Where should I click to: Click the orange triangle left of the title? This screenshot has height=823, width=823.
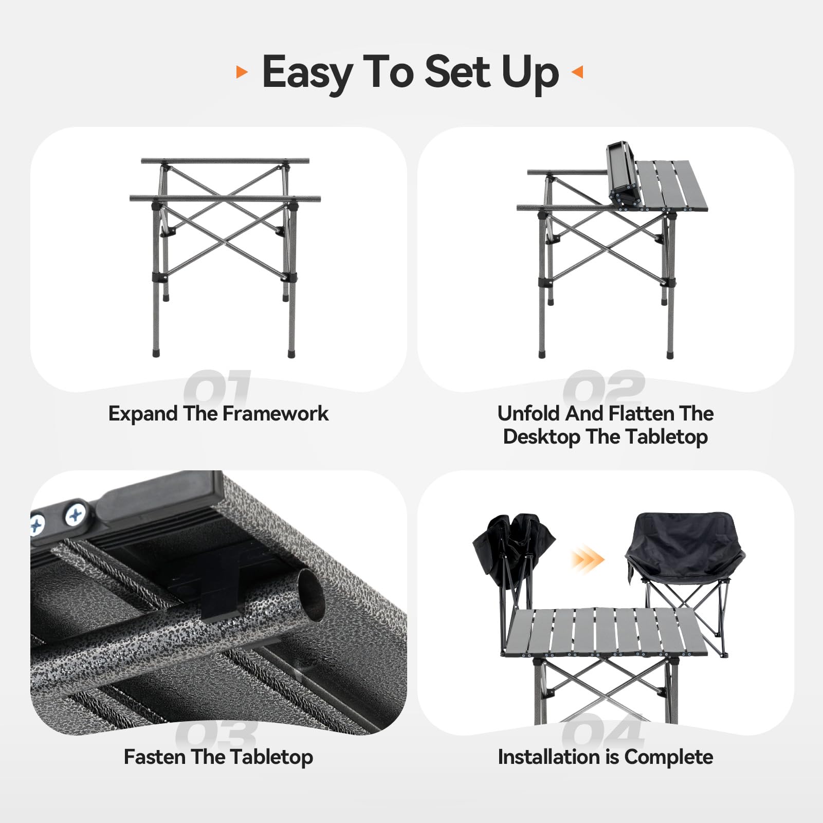(x=242, y=72)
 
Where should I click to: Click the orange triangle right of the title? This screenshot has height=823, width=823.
(x=577, y=72)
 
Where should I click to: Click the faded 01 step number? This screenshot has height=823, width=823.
(x=217, y=387)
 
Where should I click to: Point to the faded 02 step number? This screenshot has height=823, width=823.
(x=604, y=387)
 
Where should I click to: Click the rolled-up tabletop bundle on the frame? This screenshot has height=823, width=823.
(x=624, y=175)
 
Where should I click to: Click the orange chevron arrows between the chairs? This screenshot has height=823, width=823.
(x=587, y=559)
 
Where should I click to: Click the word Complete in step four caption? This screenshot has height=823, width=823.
(x=669, y=757)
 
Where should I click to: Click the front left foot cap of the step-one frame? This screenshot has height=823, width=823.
(x=156, y=354)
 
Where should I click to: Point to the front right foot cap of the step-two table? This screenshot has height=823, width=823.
(x=670, y=355)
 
